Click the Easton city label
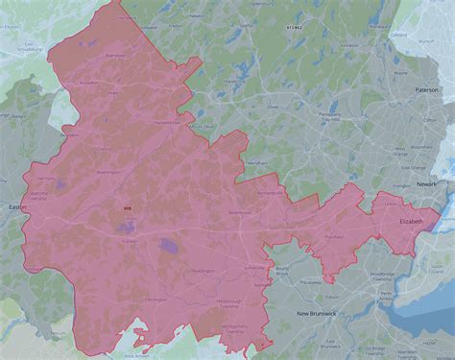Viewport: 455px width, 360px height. [16, 206]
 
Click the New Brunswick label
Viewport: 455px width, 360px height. [316, 314]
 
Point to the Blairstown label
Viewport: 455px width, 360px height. [114, 56]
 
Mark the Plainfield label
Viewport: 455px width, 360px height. [333, 235]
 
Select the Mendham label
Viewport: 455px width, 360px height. [256, 164]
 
